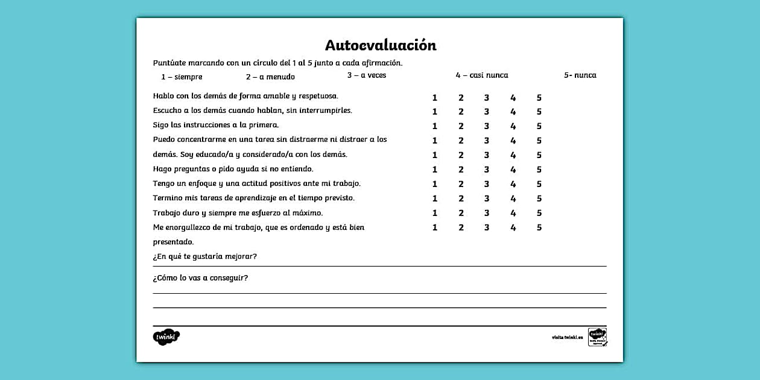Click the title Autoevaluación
click(x=380, y=45)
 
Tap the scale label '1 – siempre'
click(x=182, y=77)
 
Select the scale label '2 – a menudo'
click(x=270, y=77)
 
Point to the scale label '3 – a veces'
click(x=366, y=75)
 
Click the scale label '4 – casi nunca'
click(x=481, y=75)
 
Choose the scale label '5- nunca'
click(x=580, y=75)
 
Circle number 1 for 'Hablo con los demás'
click(x=434, y=98)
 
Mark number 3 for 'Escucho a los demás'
click(x=486, y=112)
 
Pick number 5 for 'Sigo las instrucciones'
click(x=539, y=126)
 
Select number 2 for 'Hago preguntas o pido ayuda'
click(x=461, y=169)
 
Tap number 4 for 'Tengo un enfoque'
click(x=513, y=184)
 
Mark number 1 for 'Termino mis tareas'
click(x=434, y=198)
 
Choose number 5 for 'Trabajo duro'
click(x=539, y=213)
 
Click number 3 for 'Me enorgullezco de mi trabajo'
click(x=486, y=227)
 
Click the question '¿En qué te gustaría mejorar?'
click(x=204, y=256)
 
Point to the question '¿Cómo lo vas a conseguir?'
click(x=200, y=278)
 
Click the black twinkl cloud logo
click(x=166, y=337)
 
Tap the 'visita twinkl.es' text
click(x=567, y=337)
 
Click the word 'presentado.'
click(x=173, y=242)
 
